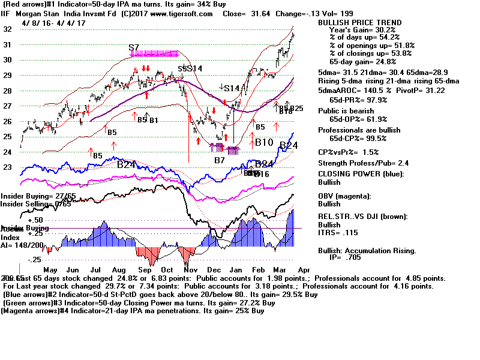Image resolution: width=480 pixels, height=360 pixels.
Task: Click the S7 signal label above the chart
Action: [134, 47]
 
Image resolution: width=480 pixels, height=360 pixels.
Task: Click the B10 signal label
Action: [264, 143]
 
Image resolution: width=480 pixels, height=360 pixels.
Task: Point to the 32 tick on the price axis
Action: [8, 29]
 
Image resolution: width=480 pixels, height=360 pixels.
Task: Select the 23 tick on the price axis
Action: [8, 167]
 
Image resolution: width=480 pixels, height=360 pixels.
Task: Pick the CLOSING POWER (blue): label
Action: [360, 174]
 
